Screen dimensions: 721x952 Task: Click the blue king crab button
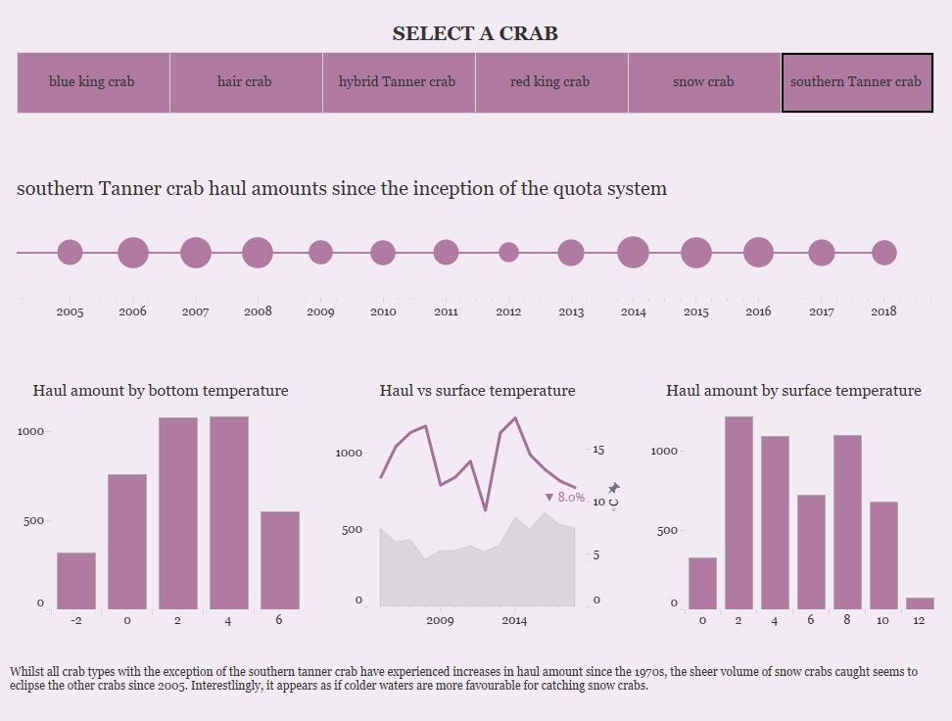92,82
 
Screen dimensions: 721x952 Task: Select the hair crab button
245,82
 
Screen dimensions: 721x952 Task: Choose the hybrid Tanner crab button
398,82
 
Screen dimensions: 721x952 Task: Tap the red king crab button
550,82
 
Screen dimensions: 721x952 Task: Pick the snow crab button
703,82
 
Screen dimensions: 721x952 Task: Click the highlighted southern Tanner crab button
856,82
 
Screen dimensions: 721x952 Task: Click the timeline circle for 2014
634,253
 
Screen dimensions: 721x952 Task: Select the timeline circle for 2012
508,253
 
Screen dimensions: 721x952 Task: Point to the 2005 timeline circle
70,253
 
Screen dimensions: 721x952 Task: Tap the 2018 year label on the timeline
883,312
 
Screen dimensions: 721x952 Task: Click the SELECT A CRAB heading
475,33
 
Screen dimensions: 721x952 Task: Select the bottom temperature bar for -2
76,580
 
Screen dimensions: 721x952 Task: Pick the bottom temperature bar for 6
280,559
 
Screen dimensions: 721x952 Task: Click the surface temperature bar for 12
920,602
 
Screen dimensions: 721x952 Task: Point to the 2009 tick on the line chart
440,620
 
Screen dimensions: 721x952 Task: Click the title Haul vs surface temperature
477,391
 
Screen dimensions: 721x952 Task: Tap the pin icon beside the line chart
614,488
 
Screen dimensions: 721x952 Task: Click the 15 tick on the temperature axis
598,450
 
